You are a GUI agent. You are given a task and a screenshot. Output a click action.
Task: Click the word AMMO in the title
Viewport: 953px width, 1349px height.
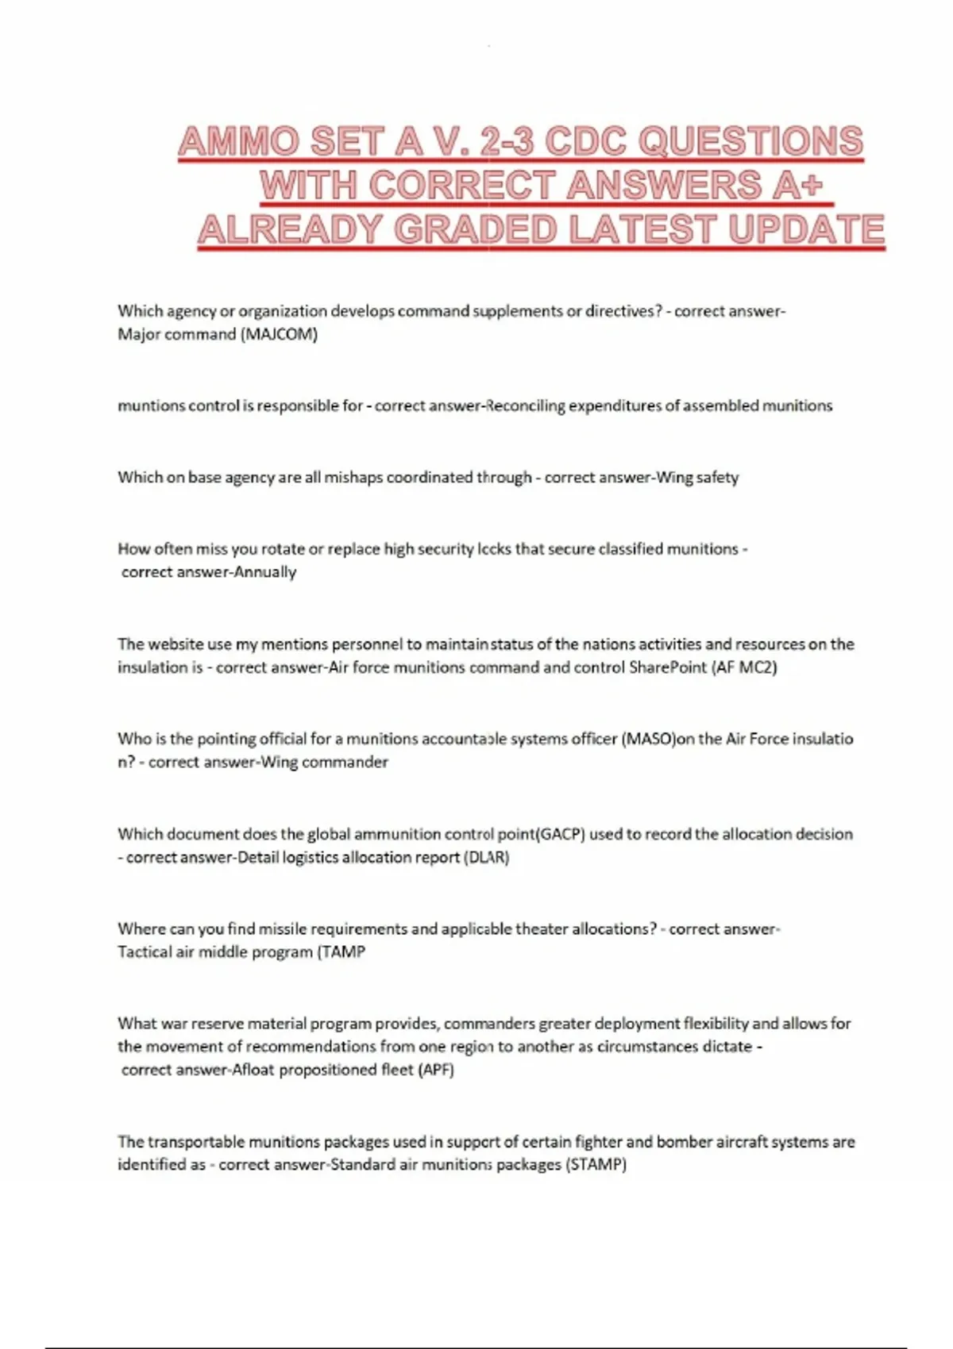(x=238, y=142)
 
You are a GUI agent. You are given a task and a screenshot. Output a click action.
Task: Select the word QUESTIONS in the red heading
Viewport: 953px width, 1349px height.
(x=750, y=142)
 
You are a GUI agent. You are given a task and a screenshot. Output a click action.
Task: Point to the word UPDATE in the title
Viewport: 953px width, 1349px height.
(x=805, y=230)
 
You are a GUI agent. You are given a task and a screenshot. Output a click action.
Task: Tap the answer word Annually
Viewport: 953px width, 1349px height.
(x=264, y=572)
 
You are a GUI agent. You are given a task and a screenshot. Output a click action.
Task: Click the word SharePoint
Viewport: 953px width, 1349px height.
(x=667, y=667)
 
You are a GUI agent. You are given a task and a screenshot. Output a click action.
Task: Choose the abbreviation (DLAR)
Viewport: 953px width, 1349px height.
(x=486, y=857)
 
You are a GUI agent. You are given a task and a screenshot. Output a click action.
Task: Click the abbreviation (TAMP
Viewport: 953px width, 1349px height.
(x=341, y=951)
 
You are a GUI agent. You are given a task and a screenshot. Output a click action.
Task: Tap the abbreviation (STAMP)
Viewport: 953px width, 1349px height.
(x=596, y=1165)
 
